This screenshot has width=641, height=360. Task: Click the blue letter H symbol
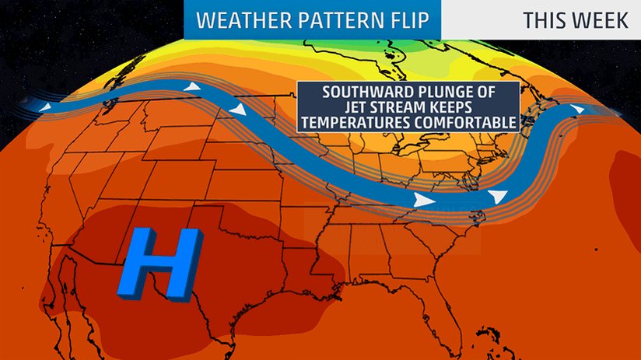pos(159,264)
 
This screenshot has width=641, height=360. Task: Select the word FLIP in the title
pos(405,19)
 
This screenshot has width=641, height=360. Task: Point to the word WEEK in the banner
pos(602,19)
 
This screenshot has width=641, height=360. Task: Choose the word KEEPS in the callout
pos(464,107)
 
